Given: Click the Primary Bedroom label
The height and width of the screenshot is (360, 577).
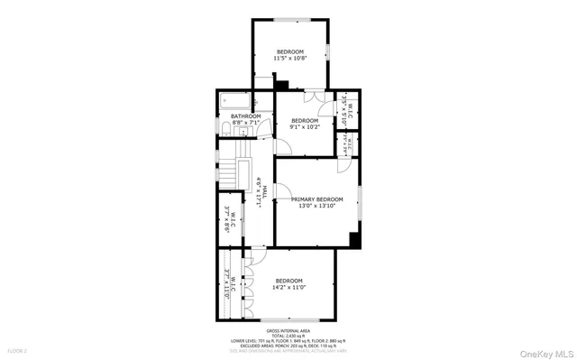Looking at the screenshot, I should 316,198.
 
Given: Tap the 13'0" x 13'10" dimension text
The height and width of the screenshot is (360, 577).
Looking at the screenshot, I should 316,207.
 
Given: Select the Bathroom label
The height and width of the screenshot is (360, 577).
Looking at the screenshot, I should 245,116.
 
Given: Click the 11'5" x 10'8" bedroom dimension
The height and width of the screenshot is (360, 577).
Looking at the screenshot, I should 290,58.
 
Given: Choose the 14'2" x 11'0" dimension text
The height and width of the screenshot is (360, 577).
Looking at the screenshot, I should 289,287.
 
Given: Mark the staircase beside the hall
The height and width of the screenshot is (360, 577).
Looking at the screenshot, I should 241,171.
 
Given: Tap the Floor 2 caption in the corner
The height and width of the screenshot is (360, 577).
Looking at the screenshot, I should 18,349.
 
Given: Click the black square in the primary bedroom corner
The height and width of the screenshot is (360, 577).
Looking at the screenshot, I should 355,240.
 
